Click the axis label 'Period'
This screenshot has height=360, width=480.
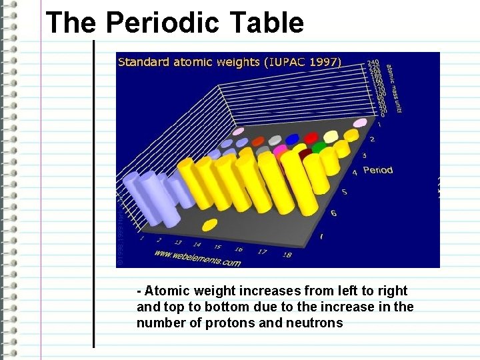(x=377, y=170)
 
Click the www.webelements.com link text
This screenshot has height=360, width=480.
(x=197, y=258)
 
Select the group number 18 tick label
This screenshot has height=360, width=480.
(x=287, y=254)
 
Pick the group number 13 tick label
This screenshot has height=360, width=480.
(x=179, y=243)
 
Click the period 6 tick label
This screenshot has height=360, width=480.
(x=333, y=213)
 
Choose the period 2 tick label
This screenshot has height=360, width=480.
(x=371, y=139)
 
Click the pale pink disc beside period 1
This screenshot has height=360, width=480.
(x=360, y=123)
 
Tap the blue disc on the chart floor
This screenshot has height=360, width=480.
(x=293, y=139)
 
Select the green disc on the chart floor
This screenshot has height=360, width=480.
(x=320, y=146)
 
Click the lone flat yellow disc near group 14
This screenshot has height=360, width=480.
(x=209, y=225)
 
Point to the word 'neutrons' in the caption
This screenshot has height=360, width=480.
(x=315, y=323)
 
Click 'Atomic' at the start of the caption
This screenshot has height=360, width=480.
(x=165, y=291)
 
